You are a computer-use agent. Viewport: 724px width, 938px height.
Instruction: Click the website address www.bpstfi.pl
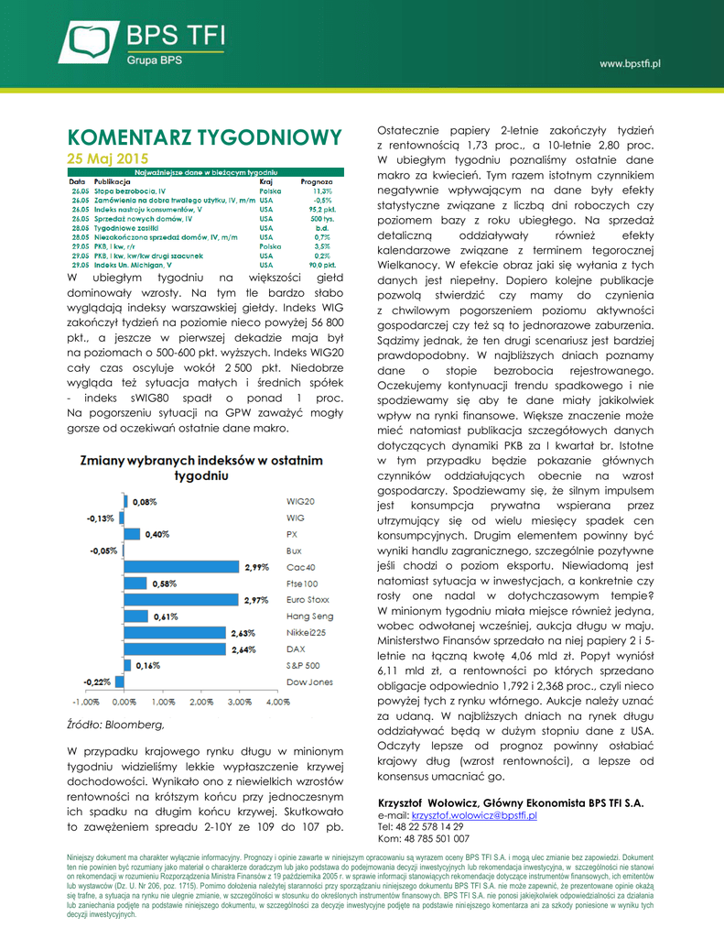(630, 64)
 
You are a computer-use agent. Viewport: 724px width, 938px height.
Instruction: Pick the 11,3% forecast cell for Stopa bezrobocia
(321, 191)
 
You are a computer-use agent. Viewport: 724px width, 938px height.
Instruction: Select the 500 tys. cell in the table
(320, 220)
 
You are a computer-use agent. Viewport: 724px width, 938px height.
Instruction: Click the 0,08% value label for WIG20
(145, 502)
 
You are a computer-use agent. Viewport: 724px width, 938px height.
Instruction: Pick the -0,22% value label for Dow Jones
(98, 682)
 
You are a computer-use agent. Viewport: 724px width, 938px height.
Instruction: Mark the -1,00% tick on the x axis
(85, 703)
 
